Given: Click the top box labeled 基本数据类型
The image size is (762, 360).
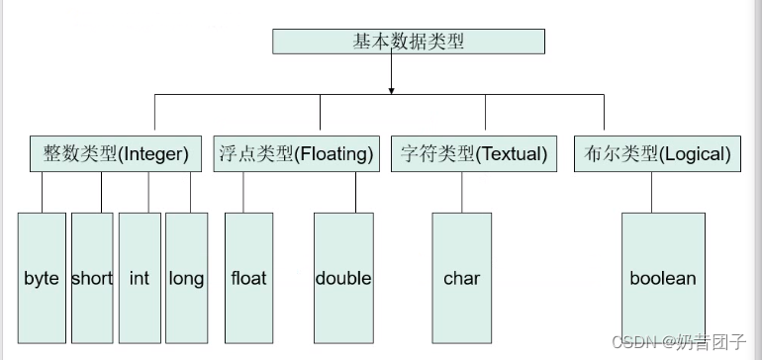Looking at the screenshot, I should click(x=409, y=41).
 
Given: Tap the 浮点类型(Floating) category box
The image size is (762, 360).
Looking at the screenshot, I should click(x=296, y=154).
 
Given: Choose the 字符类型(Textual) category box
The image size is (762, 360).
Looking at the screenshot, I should click(x=474, y=154).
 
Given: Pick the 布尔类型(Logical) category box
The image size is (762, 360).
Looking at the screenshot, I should click(x=657, y=154).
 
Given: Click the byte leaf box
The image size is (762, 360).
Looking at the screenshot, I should click(x=42, y=278).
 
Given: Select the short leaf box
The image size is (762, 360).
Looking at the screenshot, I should click(x=92, y=278).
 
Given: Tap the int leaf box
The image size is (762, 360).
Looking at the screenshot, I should click(x=140, y=278).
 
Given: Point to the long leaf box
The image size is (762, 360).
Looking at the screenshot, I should click(x=186, y=278).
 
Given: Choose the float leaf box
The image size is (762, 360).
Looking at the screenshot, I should click(x=248, y=278).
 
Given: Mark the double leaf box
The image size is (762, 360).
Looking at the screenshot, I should click(x=343, y=278).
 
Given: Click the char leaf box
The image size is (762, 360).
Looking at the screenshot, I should click(x=462, y=278).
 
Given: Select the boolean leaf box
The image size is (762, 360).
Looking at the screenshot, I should click(x=663, y=278).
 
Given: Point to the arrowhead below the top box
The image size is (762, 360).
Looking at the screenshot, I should click(x=392, y=91).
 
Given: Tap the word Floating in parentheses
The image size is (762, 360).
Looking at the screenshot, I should click(x=335, y=154).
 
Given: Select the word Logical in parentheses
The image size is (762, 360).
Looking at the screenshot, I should click(x=696, y=154).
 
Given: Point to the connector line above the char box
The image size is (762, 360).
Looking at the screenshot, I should click(x=462, y=192).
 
